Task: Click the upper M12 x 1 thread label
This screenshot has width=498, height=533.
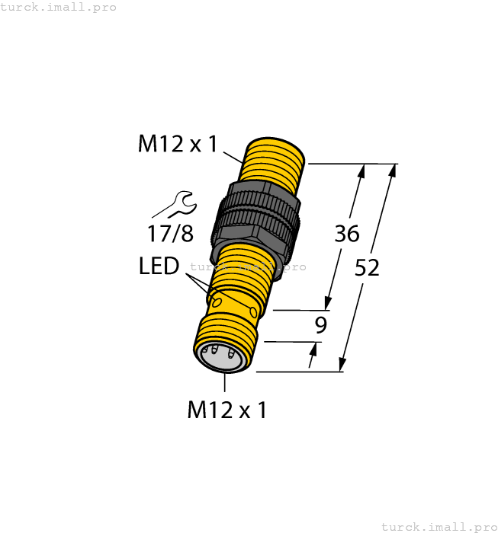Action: pyautogui.click(x=178, y=143)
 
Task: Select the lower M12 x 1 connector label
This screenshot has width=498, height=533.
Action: pyautogui.click(x=227, y=410)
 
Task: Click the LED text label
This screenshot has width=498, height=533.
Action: pyautogui.click(x=159, y=266)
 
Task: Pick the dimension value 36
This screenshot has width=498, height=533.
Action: pyautogui.click(x=346, y=234)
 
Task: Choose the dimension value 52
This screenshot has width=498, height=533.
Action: pyautogui.click(x=368, y=268)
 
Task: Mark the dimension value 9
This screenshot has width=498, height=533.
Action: pyautogui.click(x=321, y=326)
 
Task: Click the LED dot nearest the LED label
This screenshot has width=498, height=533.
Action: pyautogui.click(x=217, y=302)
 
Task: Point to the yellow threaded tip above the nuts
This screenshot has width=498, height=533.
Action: pyautogui.click(x=272, y=161)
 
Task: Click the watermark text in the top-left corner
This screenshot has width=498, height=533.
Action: pyautogui.click(x=59, y=7)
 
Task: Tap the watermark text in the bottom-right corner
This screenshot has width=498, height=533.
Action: pyautogui.click(x=438, y=526)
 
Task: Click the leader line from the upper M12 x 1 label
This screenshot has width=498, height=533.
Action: pyautogui.click(x=231, y=157)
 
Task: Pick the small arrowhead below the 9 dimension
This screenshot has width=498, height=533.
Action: pyautogui.click(x=313, y=349)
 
